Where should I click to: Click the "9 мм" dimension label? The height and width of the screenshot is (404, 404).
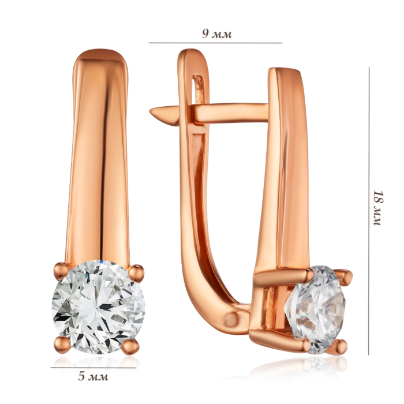[x=217, y=33]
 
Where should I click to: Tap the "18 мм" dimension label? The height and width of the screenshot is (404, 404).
[x=377, y=208]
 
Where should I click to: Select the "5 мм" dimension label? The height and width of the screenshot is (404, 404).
[x=93, y=376]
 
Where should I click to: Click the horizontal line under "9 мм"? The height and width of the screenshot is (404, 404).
[x=215, y=43]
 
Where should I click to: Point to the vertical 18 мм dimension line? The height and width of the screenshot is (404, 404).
[x=369, y=211]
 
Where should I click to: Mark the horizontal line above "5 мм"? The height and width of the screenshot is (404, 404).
[x=93, y=368]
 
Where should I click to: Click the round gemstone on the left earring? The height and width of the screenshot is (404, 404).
[x=98, y=307]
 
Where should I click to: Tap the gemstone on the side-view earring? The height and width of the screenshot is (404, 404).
[x=315, y=310]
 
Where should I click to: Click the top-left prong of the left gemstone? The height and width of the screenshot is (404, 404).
[x=62, y=271]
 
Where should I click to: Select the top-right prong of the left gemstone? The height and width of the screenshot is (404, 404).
[x=136, y=272]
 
